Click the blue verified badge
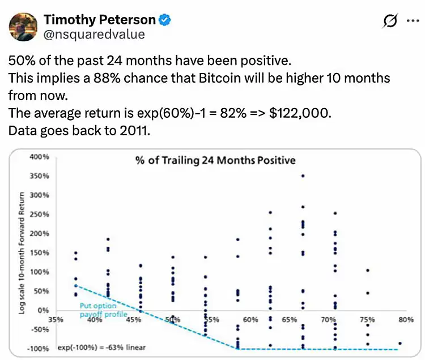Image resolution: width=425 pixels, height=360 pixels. point(164,20)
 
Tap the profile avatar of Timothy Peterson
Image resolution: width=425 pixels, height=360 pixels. point(23,26)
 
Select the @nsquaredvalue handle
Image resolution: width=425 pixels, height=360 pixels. point(94,35)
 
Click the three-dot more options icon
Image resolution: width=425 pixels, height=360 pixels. point(411,21)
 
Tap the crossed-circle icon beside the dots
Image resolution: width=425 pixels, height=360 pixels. point(390,21)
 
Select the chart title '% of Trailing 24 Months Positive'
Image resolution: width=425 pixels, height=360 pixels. point(215,160)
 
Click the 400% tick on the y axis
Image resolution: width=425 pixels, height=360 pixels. point(40,156)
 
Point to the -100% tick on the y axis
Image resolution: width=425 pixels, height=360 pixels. point(39,349)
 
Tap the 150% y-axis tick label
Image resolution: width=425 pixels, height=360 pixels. point(40,252)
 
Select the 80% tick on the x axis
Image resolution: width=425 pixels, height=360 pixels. point(405,320)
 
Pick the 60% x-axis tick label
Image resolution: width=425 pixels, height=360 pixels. point(250,320)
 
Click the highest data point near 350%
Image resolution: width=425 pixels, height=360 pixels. point(303,176)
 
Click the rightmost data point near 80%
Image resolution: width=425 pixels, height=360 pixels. point(399,344)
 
